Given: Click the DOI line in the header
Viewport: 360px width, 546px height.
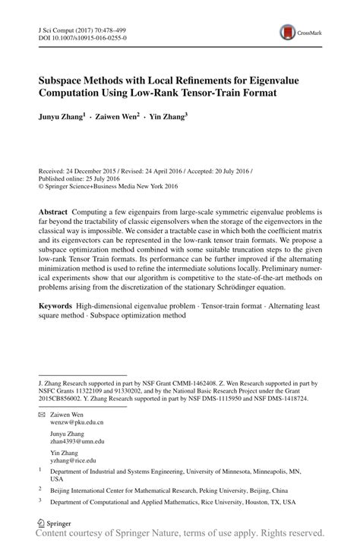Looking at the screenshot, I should click(84, 36).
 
